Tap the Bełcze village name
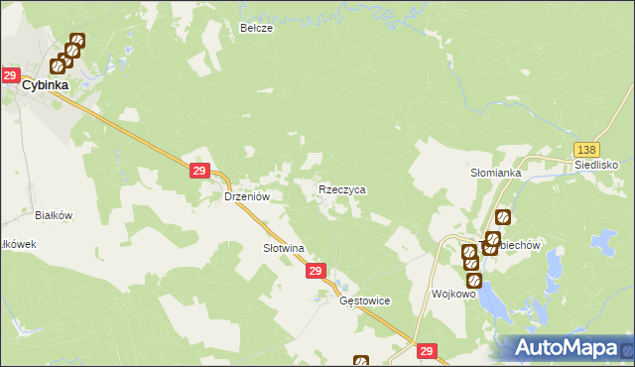click(256, 29)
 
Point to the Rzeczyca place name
click(342, 188)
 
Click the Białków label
click(55, 214)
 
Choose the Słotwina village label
click(283, 247)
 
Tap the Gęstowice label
click(365, 301)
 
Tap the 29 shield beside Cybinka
click(10, 75)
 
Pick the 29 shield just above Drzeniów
click(198, 172)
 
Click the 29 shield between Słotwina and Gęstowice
click(316, 271)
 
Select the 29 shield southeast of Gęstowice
click(427, 351)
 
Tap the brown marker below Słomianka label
click(503, 216)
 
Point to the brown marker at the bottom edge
click(360, 362)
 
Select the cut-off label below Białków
click(18, 244)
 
